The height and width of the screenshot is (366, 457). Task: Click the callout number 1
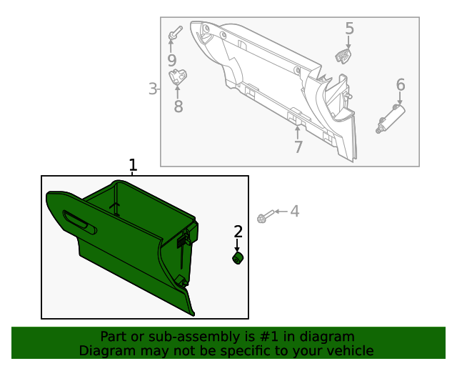132,165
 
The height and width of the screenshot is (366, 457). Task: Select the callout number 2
238,231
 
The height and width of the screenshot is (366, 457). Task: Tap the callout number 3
152,89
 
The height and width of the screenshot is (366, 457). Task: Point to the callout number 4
294,211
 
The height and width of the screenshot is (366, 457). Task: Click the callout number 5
349,29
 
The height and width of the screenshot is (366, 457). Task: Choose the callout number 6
401,85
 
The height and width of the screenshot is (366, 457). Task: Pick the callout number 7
298,147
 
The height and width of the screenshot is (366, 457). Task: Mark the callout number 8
178,107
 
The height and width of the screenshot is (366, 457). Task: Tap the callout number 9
171,61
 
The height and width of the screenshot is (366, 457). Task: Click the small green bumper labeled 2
238,258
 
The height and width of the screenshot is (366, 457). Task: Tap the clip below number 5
343,55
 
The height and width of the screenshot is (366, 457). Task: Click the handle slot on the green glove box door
80,222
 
